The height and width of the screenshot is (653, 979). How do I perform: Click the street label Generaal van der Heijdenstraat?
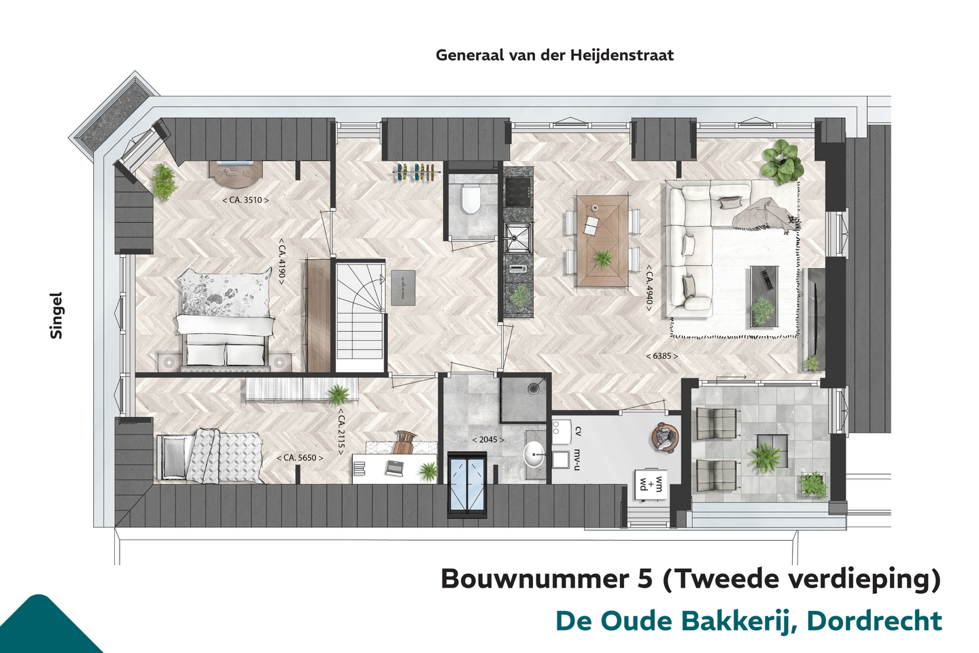coord(555,55)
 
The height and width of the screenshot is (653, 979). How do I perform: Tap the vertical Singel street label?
coord(56,316)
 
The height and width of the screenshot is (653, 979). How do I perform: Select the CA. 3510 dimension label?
coord(245,200)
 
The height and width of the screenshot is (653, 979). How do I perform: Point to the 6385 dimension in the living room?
coord(662,356)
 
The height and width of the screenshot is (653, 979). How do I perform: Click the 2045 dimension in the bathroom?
coord(488,439)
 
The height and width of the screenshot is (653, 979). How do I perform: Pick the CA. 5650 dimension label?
coord(300,458)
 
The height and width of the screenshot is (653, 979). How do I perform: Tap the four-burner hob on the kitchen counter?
coord(518,191)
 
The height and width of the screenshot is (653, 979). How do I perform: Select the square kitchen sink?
coord(518,238)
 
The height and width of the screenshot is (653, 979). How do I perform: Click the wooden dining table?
coord(602,241)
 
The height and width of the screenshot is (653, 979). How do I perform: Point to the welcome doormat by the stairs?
coord(403,288)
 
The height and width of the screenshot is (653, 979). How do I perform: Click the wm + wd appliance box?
coord(651,484)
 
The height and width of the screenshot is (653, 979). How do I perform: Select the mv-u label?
coord(577,459)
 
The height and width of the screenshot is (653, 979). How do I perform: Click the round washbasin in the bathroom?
coord(534,454)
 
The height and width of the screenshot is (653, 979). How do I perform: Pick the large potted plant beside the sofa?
coord(783,163)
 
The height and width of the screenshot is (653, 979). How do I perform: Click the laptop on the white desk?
coord(396,467)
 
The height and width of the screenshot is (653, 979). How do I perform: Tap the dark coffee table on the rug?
coord(764,297)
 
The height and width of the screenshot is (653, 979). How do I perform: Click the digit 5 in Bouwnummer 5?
coord(643,578)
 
